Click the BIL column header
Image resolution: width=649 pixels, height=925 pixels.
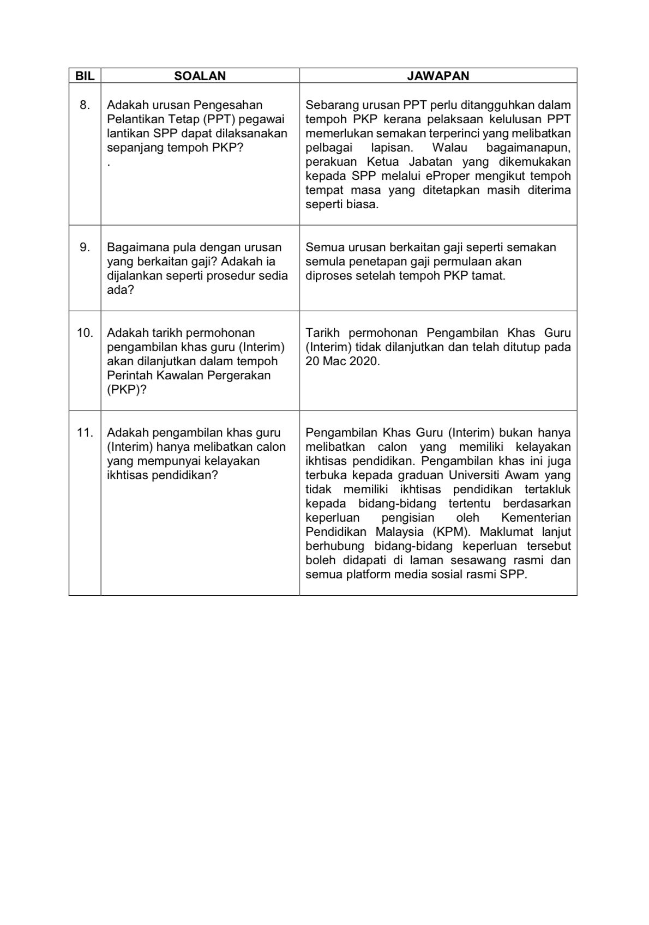click(x=85, y=76)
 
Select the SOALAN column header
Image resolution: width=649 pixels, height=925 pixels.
click(x=200, y=76)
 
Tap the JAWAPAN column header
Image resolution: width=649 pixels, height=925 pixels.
click(x=438, y=76)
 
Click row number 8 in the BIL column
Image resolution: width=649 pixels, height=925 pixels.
click(x=85, y=105)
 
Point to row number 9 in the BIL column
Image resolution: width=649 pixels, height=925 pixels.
click(x=85, y=247)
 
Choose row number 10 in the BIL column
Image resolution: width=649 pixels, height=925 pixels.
click(x=85, y=332)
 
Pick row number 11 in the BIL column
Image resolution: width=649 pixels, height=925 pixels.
click(x=85, y=432)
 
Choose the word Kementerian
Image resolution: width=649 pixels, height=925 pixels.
click(x=536, y=517)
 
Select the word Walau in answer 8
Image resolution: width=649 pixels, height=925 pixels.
click(x=448, y=148)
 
